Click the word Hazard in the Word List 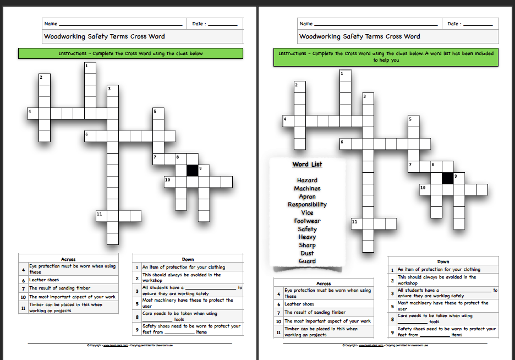[307, 180]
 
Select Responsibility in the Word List [307, 204]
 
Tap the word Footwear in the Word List [307, 221]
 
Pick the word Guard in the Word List [307, 261]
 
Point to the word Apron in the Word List [307, 197]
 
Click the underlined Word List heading [307, 164]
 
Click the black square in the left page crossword [192, 171]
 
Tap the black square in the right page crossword [447, 178]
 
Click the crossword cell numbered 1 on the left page [90, 68]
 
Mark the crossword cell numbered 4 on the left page [33, 113]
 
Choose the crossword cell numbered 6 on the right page [346, 144]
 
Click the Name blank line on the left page [120, 25]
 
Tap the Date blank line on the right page [477, 25]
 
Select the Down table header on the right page [443, 261]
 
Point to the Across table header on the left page [68, 259]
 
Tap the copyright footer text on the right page [385, 345]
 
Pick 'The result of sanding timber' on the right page [315, 313]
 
